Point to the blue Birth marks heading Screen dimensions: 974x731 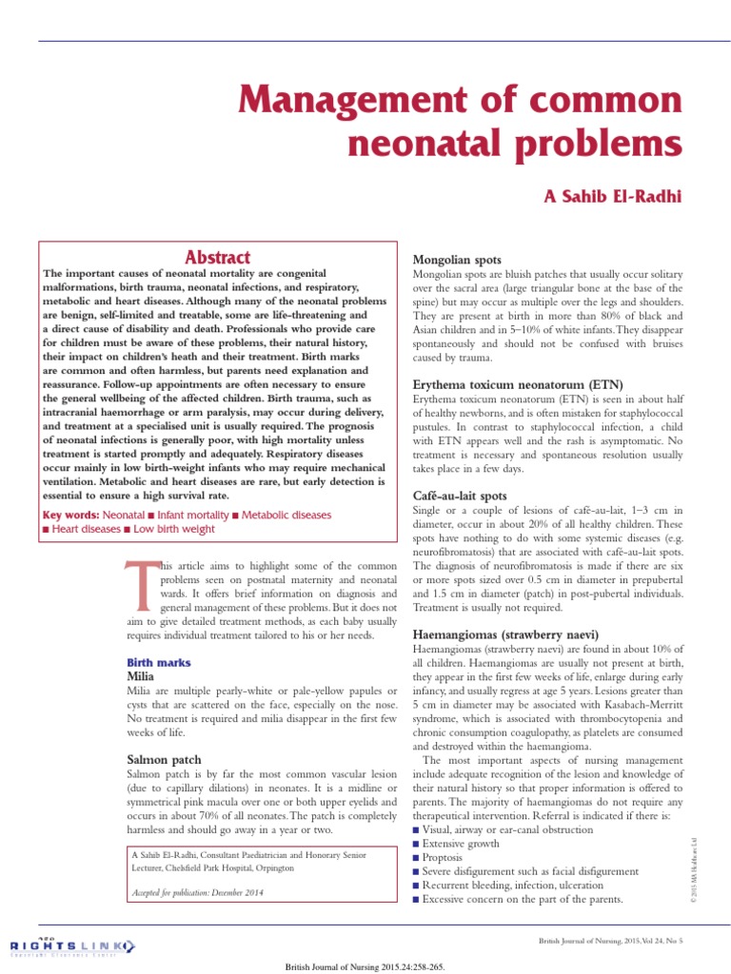point(159,662)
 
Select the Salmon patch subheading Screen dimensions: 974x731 point(164,759)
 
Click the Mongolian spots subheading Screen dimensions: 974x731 point(456,260)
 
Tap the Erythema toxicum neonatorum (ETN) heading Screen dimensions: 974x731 point(518,384)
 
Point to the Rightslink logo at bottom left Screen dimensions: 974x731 point(71,945)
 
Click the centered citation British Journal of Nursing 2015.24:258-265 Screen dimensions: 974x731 point(365,966)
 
